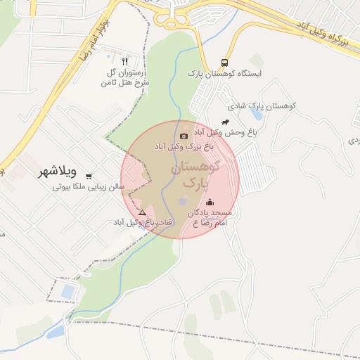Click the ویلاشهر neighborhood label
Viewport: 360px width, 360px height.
(58, 170)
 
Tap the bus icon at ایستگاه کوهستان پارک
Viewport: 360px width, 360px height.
(224, 61)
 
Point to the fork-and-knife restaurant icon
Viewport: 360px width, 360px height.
(124, 60)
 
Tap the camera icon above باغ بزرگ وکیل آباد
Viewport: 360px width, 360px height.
(184, 136)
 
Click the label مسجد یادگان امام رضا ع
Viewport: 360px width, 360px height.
(211, 217)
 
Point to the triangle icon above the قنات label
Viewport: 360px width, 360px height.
(142, 212)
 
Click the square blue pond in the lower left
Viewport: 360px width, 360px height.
(68, 290)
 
